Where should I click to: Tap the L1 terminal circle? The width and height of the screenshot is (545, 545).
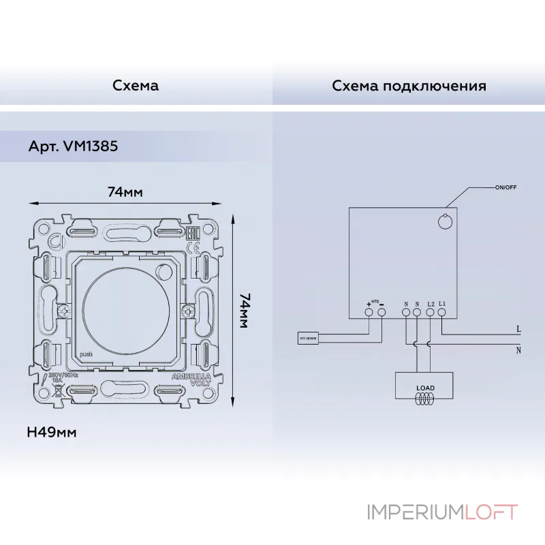[441, 312]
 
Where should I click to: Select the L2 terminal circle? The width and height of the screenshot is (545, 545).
[430, 312]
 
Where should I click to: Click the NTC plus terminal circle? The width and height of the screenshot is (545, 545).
[369, 312]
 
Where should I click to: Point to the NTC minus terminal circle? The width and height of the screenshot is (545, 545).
[381, 312]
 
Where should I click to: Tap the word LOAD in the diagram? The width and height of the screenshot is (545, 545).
[425, 388]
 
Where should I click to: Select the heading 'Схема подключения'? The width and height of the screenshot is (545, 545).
[409, 86]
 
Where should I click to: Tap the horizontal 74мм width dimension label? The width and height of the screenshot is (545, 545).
[125, 192]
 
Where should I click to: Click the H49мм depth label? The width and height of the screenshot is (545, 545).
[51, 432]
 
